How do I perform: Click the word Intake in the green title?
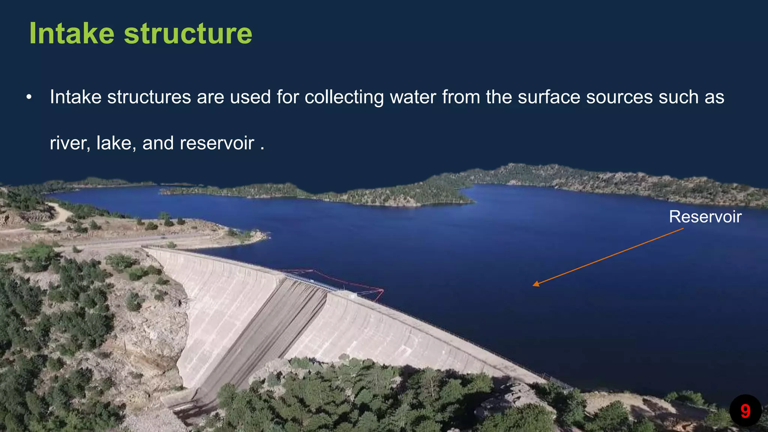[x=71, y=34]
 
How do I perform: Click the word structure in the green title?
[x=188, y=34]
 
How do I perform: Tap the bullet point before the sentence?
[x=29, y=97]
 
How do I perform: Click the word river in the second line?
[x=70, y=143]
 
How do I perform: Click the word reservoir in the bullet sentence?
[x=217, y=143]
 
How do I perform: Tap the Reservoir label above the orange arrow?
[x=705, y=217]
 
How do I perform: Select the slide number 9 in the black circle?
[x=745, y=411]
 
